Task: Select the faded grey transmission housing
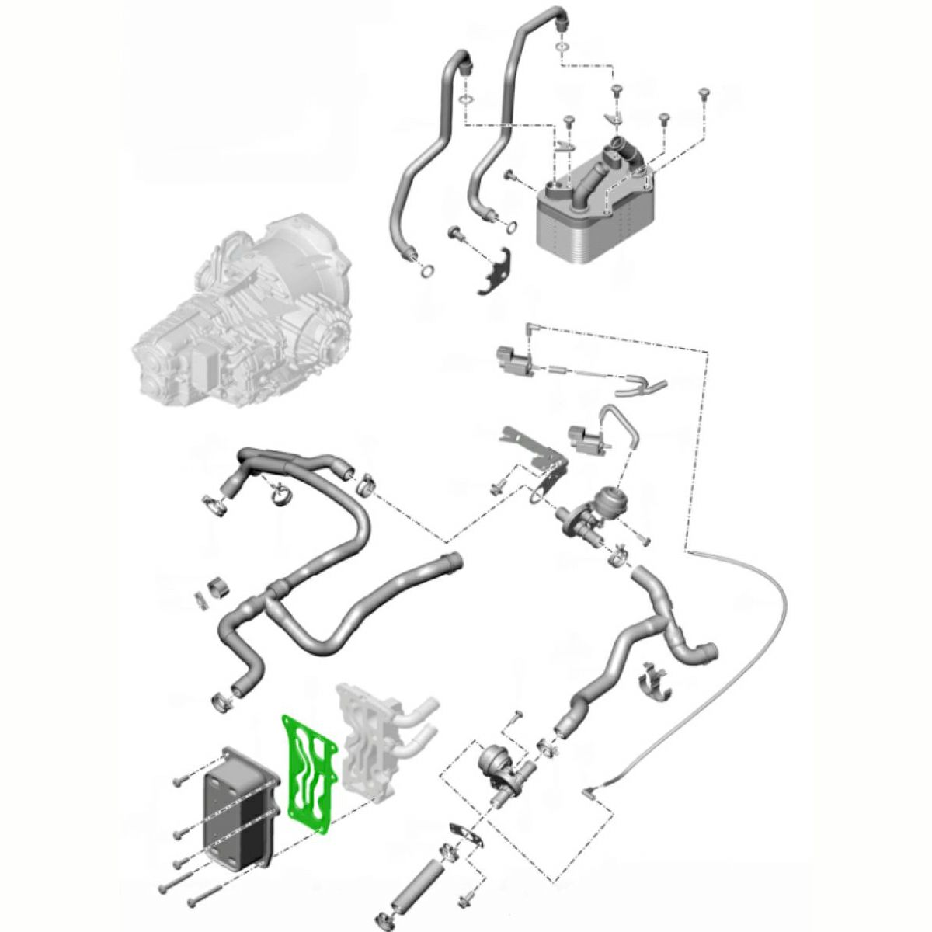click(241, 318)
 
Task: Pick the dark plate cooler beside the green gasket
click(237, 808)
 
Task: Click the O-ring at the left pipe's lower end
click(426, 271)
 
